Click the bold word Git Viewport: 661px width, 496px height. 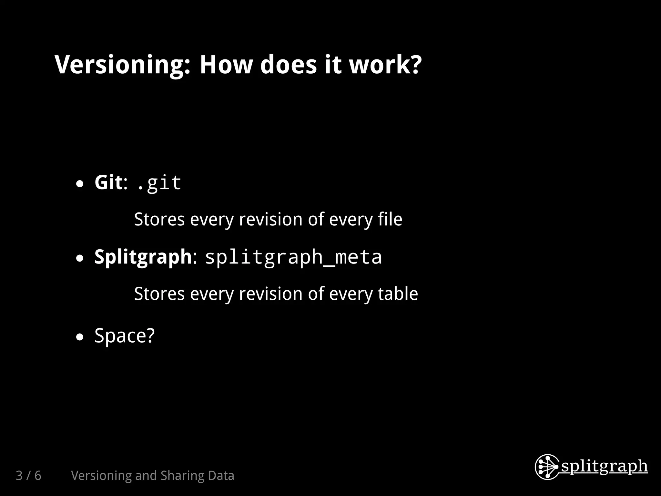(x=108, y=182)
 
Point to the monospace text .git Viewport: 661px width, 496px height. (x=159, y=183)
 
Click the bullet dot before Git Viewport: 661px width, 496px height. (x=80, y=184)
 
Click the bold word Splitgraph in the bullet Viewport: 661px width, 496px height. (x=143, y=257)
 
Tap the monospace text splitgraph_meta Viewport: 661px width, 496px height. (x=293, y=257)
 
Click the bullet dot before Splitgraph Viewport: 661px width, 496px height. (x=80, y=258)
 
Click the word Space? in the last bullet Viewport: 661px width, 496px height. (x=125, y=336)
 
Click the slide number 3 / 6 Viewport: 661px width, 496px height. (x=28, y=476)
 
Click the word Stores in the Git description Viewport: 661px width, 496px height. (x=159, y=219)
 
